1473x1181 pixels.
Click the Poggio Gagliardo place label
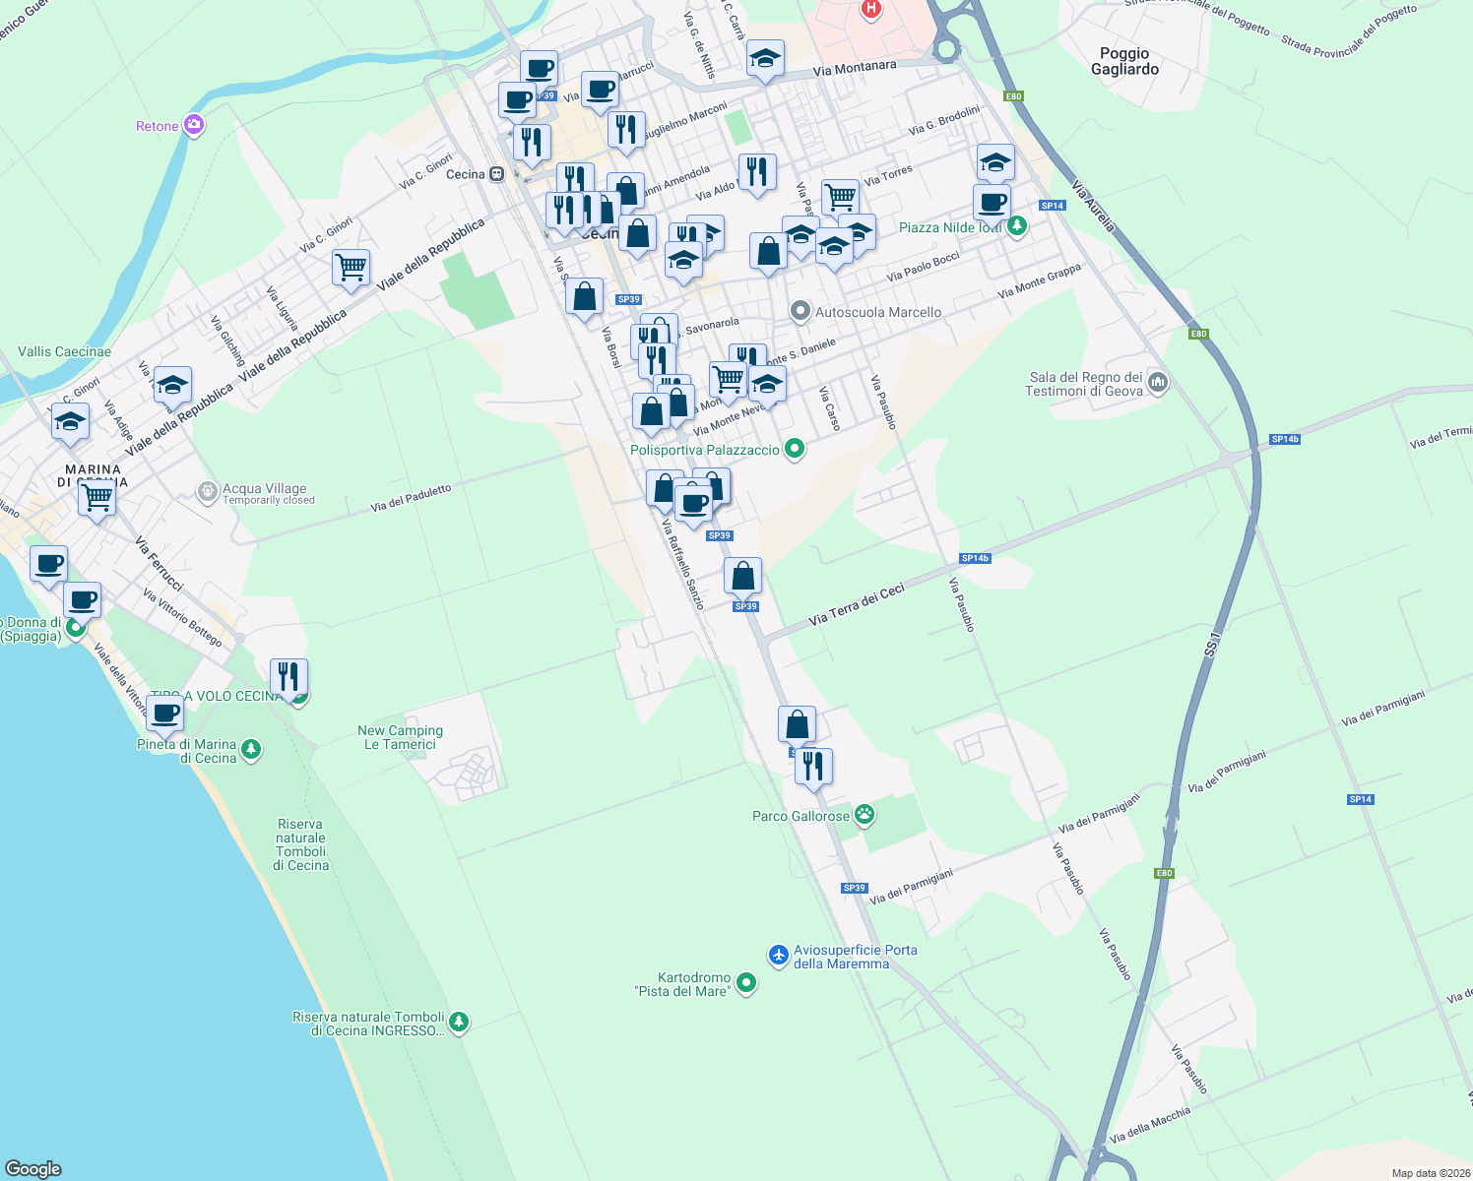point(1124,61)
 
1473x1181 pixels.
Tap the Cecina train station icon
point(497,174)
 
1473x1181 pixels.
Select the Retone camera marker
point(194,126)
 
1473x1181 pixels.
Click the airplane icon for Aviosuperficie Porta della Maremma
point(779,955)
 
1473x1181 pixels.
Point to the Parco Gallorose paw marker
point(865,815)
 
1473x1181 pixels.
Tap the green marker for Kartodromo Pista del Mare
point(746,982)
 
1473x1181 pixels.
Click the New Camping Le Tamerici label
point(400,737)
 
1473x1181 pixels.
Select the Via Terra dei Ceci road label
point(856,605)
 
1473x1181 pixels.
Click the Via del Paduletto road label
point(411,499)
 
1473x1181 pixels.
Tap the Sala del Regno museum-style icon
point(1158,383)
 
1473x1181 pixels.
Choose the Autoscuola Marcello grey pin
point(801,312)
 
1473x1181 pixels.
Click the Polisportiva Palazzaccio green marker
point(795,450)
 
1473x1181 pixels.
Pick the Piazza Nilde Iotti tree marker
point(1017,226)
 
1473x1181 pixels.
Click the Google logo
point(32,1169)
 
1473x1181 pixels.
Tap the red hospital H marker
point(870,9)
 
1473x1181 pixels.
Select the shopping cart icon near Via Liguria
point(351,266)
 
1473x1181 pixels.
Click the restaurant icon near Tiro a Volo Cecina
point(288,676)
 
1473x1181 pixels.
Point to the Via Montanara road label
point(855,68)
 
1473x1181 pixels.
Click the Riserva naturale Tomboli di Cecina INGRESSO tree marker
point(458,1024)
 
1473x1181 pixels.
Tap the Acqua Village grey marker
point(207,491)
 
